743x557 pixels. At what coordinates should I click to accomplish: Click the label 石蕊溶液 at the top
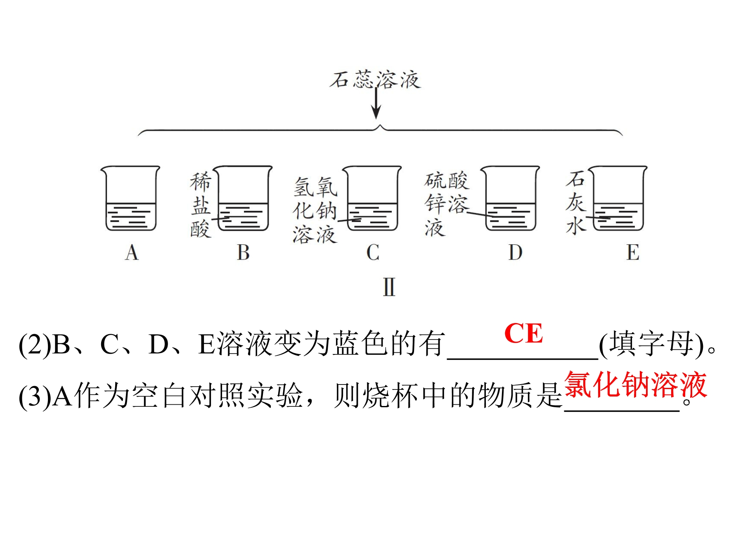(x=375, y=80)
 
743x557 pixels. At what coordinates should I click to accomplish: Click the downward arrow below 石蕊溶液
(x=376, y=103)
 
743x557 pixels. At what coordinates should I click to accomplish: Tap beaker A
(x=130, y=198)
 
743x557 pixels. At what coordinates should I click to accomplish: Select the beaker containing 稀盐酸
(x=243, y=198)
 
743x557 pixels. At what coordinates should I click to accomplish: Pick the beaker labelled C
(x=372, y=198)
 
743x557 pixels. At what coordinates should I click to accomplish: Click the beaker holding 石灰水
(x=618, y=198)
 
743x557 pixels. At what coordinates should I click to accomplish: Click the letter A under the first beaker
(x=132, y=252)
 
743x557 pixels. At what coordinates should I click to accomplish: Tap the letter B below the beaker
(x=243, y=252)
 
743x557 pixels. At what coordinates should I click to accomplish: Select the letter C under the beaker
(x=373, y=252)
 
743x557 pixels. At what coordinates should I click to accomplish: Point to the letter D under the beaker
(x=515, y=252)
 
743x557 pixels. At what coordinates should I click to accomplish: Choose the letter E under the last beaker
(x=633, y=252)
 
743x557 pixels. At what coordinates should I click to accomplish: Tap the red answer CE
(x=523, y=333)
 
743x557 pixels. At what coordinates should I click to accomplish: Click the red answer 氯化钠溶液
(x=635, y=385)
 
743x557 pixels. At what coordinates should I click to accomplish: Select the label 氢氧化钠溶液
(x=315, y=210)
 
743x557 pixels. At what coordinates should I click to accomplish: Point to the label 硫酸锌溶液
(x=447, y=204)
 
